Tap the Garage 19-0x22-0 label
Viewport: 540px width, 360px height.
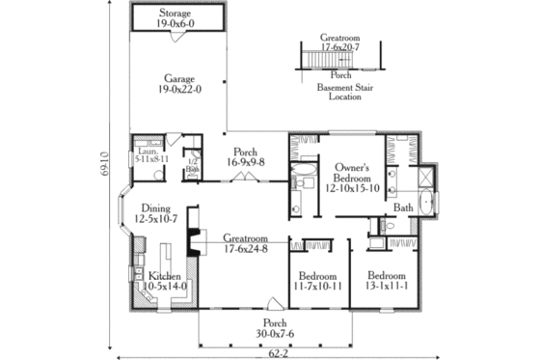[178, 84]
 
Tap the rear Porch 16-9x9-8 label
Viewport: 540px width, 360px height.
[246, 155]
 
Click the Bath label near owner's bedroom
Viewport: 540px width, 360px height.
[404, 208]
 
